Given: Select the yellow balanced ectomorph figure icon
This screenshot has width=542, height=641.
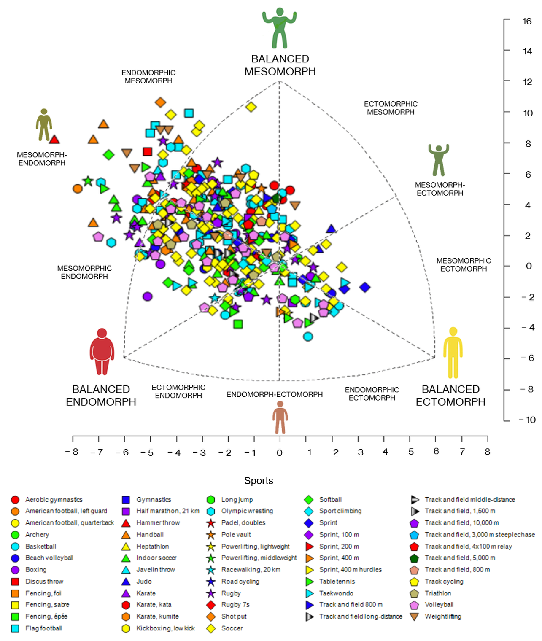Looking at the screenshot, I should pyautogui.click(x=453, y=353).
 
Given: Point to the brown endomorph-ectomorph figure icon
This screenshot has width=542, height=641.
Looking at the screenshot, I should pyautogui.click(x=280, y=417).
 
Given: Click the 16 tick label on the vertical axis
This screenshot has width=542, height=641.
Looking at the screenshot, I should pyautogui.click(x=527, y=21).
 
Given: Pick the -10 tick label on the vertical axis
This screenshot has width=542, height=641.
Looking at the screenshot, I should pyautogui.click(x=527, y=420).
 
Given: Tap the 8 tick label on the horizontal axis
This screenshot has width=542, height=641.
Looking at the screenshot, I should pyautogui.click(x=487, y=452).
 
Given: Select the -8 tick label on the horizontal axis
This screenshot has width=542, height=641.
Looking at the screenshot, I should pyautogui.click(x=72, y=452).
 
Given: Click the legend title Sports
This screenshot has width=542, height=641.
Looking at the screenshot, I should pyautogui.click(x=259, y=481).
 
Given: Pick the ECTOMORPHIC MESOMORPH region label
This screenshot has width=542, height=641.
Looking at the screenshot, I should pyautogui.click(x=391, y=108).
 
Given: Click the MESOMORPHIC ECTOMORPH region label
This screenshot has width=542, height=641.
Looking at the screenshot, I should pyautogui.click(x=464, y=265).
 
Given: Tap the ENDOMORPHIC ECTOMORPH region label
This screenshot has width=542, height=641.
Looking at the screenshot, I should pyautogui.click(x=372, y=394).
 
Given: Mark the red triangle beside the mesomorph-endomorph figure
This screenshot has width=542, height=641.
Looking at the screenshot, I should pyautogui.click(x=54, y=139).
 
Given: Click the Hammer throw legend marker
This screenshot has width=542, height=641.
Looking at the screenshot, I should pyautogui.click(x=126, y=523).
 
